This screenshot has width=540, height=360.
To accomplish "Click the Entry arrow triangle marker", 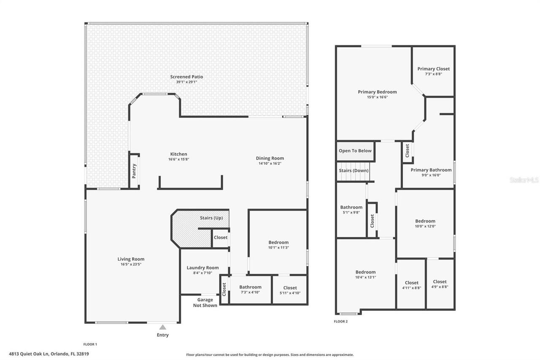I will click(x=163, y=327).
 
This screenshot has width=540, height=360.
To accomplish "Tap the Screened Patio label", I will click(x=186, y=77).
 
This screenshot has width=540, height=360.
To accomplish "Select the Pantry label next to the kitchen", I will click(x=134, y=171).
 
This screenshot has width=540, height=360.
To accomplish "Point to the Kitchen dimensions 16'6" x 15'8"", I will click(x=178, y=160).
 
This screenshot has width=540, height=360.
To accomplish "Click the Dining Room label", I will click(x=270, y=158).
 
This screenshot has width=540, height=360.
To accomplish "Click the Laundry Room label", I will click(x=202, y=268).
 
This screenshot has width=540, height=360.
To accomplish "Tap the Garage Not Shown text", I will click(x=205, y=303).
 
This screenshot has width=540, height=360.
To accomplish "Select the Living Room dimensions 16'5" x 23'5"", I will click(x=131, y=265).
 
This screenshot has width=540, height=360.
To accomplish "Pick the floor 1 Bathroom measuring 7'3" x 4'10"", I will click(x=250, y=290).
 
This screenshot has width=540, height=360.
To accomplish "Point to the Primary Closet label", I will click(x=433, y=69).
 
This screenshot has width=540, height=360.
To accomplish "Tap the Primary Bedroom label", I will click(x=377, y=92).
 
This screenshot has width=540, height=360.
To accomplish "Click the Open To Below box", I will click(x=355, y=151).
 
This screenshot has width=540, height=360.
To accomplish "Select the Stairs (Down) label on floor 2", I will click(x=354, y=171).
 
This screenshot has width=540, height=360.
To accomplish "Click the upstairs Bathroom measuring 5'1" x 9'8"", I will click(x=351, y=210).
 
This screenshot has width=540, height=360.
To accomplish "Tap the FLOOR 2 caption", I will click(x=341, y=322).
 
